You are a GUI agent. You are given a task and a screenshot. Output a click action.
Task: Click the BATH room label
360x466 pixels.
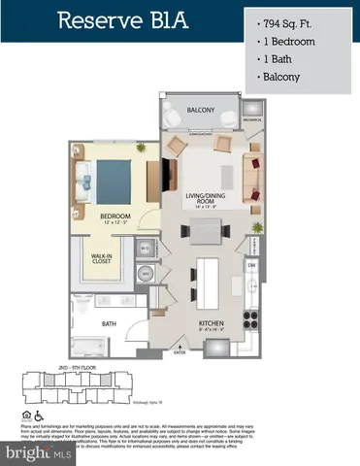[x=109, y=324]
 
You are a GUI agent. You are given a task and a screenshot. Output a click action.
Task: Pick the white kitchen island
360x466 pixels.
[x=209, y=284]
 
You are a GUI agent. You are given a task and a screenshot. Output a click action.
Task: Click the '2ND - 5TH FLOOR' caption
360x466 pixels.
[x=76, y=371]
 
